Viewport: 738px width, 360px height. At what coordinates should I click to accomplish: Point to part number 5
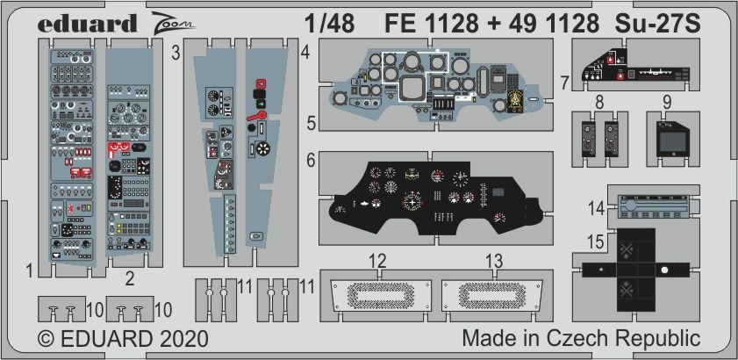tap(311, 123)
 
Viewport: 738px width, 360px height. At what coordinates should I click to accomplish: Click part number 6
tap(311, 161)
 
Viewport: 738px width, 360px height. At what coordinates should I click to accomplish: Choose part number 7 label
tap(565, 83)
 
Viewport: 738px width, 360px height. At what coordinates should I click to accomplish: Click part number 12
tap(378, 260)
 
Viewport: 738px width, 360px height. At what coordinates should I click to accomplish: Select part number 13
tap(494, 260)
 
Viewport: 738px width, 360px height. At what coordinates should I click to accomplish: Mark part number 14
tap(597, 208)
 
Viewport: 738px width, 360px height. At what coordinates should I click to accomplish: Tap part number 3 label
tap(176, 53)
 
